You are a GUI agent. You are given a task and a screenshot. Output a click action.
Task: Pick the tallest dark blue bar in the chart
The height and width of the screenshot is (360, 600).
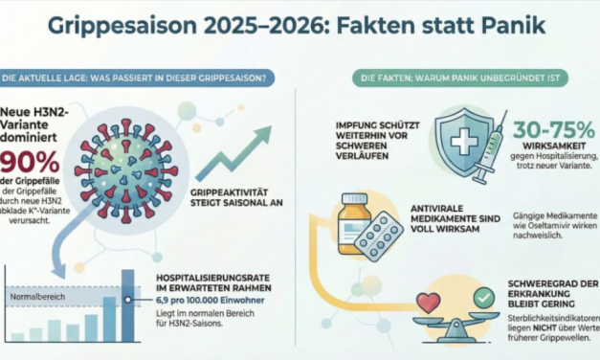click(x=128, y=305)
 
